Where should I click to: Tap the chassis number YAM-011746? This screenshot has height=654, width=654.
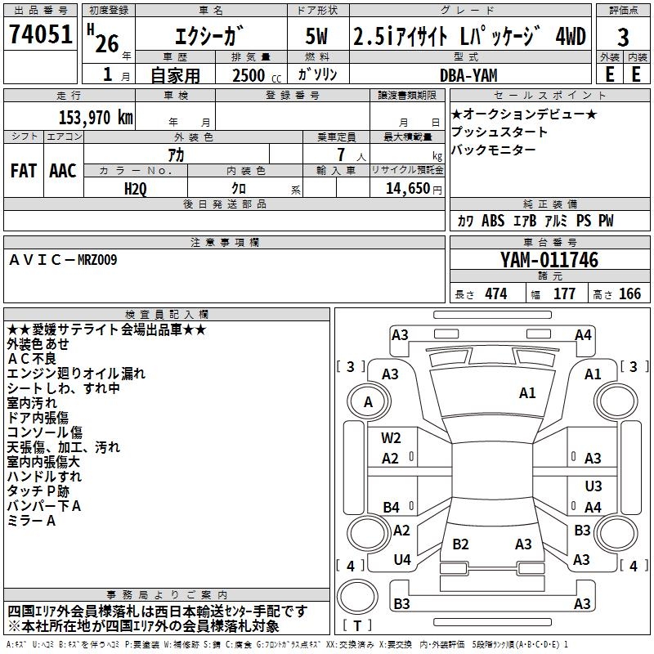point(549,260)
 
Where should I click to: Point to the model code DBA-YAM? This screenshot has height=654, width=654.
point(464,74)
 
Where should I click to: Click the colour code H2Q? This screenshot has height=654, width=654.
point(136,188)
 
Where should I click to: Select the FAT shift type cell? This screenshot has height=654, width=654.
point(24,170)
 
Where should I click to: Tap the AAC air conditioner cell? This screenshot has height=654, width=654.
point(62,170)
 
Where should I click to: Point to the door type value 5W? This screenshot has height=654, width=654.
point(317,36)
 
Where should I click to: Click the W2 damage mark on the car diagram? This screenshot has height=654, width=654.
point(391,438)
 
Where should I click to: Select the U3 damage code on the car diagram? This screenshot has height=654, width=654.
point(593,486)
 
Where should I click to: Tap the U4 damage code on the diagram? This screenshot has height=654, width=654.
point(401,559)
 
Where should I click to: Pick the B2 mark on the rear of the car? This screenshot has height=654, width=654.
point(460,544)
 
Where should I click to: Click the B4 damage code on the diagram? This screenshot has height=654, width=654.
point(391,507)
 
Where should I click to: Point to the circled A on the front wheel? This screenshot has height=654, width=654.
point(368,401)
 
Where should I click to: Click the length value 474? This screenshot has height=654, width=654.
point(495,294)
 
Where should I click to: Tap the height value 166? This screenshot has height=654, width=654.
point(629,294)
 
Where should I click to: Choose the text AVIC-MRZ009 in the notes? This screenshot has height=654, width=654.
point(63,259)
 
